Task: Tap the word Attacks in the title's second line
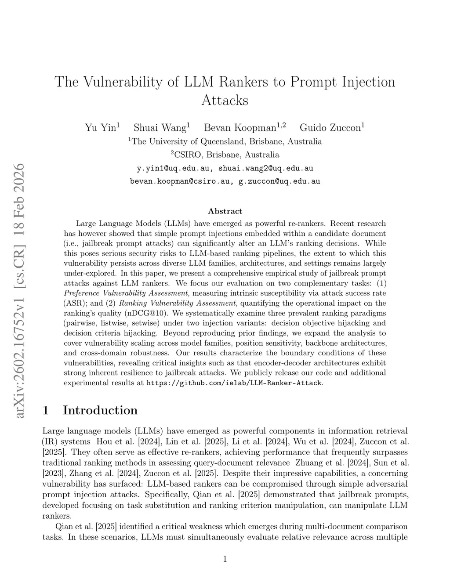point(225,101)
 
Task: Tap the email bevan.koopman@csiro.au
point(180,181)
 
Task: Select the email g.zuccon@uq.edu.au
point(279,181)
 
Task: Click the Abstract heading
point(225,211)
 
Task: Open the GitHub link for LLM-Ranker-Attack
point(234,383)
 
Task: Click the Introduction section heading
point(100,410)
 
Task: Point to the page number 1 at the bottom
point(225,559)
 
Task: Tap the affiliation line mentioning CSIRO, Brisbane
point(225,155)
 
